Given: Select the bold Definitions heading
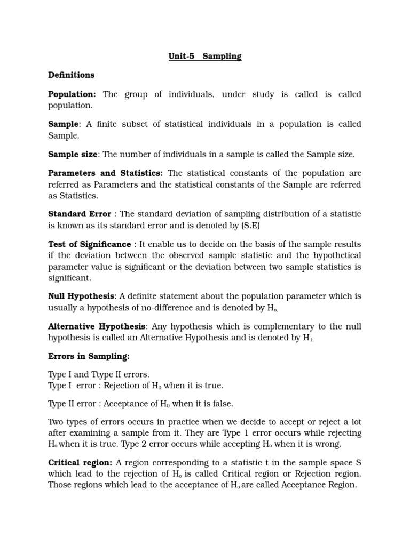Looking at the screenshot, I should point(71,75).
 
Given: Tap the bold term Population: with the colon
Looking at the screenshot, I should point(72,94).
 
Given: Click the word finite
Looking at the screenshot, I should point(106,124).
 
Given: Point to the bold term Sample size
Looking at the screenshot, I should point(73,155).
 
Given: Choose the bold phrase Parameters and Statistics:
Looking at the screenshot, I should point(106,173).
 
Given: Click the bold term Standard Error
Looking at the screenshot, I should point(80,214).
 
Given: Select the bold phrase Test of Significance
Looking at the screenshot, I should point(89,244).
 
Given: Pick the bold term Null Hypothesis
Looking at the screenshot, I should point(81,296).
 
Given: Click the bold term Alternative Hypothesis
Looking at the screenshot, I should point(97,326).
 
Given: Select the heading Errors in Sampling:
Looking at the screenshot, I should point(89,356).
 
